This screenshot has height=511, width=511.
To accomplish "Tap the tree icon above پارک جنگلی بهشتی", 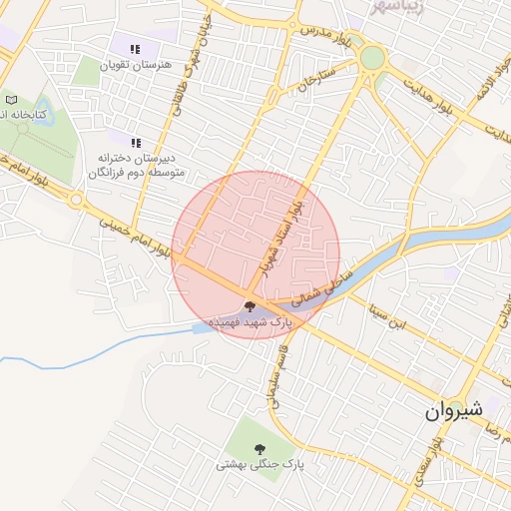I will [260, 448].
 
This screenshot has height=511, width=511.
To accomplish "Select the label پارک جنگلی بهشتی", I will [258, 465].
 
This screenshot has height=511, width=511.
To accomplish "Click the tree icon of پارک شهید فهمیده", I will [250, 307].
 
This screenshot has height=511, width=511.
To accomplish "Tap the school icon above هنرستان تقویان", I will [136, 48].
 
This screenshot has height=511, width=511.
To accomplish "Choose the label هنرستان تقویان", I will [136, 64].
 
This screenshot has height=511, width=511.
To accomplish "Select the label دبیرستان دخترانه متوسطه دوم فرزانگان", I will [135, 165].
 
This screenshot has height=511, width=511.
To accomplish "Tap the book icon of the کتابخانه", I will [11, 100].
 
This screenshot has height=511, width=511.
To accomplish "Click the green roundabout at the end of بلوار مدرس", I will [372, 59].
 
